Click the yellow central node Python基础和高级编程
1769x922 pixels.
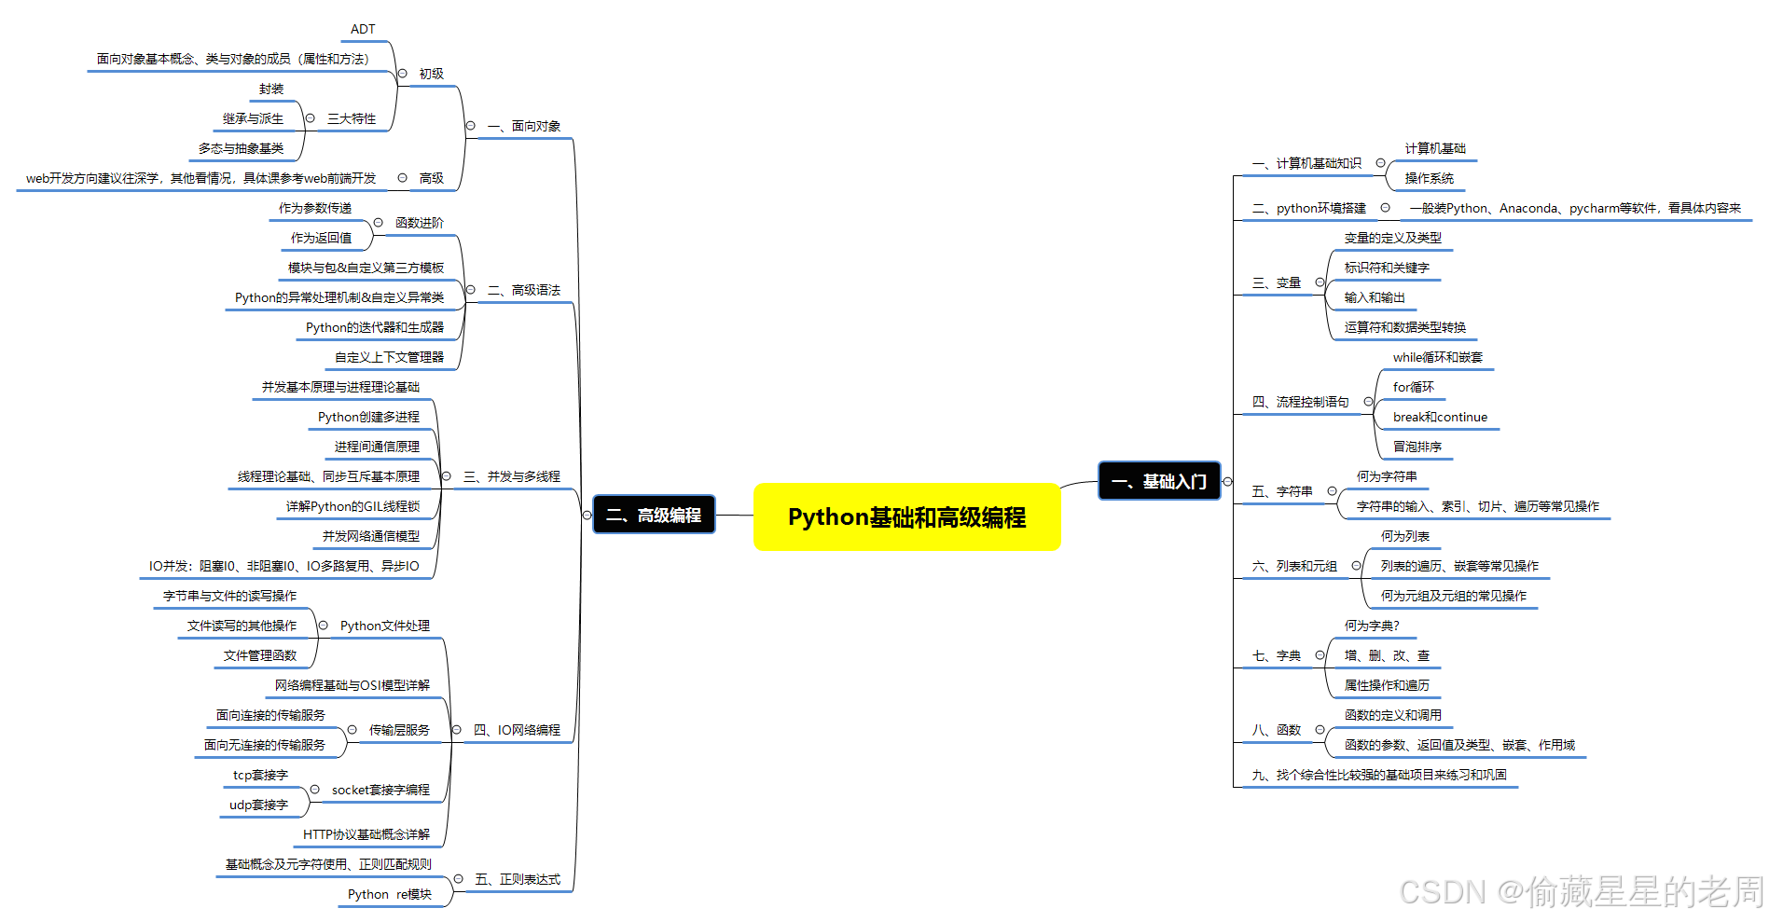tap(906, 517)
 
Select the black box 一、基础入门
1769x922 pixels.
tap(1159, 481)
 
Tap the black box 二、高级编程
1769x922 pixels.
tap(654, 515)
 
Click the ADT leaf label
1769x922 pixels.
tap(363, 30)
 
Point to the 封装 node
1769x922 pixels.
tap(271, 89)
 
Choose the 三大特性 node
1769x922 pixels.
tap(352, 119)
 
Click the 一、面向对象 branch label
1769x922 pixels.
tap(524, 127)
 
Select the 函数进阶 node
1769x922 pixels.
tap(420, 224)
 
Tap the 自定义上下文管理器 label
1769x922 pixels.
tap(389, 358)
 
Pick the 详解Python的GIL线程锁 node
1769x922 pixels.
tap(352, 507)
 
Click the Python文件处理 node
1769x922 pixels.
tap(384, 626)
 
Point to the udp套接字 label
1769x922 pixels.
tap(258, 805)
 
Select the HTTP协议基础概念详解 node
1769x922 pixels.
tap(366, 835)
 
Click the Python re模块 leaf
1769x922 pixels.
tap(389, 895)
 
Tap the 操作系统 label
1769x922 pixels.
tap(1429, 179)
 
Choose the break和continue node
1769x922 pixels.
tap(1440, 418)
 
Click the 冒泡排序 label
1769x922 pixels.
tap(1417, 447)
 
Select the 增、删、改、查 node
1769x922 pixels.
tap(1386, 656)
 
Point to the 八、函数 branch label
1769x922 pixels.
tap(1277, 731)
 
